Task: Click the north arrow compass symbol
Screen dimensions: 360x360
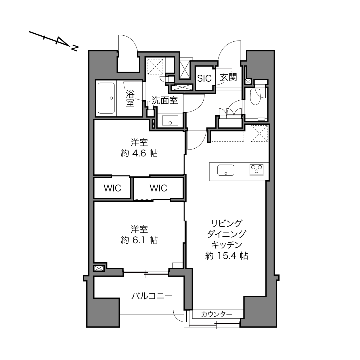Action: pos(54,41)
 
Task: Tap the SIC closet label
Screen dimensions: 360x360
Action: pos(204,78)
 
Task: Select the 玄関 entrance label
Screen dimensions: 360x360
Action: pos(228,77)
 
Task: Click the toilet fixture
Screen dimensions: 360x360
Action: pos(255,96)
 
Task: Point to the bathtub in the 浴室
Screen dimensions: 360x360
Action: pos(106,98)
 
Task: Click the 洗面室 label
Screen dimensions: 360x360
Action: pos(164,100)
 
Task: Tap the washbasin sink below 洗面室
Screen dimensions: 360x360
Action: pos(170,120)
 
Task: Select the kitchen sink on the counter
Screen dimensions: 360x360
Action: pos(226,170)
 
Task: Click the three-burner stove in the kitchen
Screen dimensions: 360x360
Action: pos(256,170)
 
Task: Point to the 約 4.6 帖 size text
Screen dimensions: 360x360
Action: pos(139,153)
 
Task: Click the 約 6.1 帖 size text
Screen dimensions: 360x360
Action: pos(139,240)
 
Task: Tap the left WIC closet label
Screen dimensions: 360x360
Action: pos(112,188)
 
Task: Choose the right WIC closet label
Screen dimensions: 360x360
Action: pos(158,188)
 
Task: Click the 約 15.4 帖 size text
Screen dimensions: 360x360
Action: pos(227,256)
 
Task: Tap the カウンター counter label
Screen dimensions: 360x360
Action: pos(217,314)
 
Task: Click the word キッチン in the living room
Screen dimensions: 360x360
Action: pos(227,245)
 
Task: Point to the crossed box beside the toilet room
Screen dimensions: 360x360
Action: pos(248,81)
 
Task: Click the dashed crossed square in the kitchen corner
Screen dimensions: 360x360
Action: pos(259,133)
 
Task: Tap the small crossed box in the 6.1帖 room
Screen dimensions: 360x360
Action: pos(99,269)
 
